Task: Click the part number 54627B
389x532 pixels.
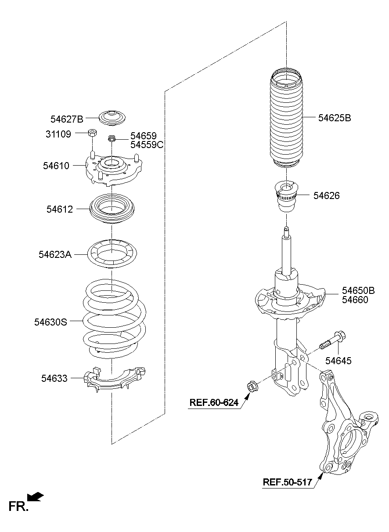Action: pos(67,119)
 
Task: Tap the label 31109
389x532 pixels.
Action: pos(58,134)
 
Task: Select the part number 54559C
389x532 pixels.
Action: pos(147,145)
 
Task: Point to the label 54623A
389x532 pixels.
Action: pos(55,254)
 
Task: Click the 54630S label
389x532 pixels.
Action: pos(51,322)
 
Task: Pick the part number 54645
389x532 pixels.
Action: pos(338,361)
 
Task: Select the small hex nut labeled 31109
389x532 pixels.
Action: pos(92,133)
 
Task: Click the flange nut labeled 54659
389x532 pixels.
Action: pos(112,138)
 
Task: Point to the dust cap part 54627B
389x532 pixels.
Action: pos(112,118)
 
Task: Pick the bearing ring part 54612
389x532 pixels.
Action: pos(112,209)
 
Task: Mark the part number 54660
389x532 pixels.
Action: pos(355,300)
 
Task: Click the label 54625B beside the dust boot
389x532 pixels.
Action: pos(335,118)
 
